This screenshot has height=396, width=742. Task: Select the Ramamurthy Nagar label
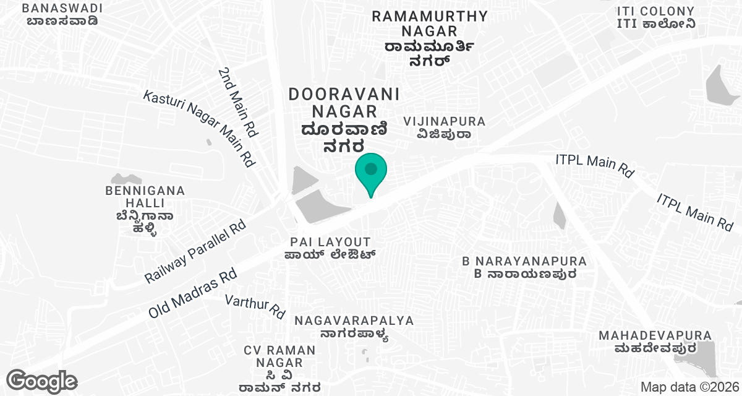[x=430, y=38]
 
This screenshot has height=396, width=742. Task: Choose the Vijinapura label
[x=444, y=127]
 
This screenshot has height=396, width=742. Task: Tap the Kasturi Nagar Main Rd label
[x=199, y=127]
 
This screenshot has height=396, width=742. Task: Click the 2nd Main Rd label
[x=237, y=103]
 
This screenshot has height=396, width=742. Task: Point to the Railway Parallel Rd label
[x=195, y=251]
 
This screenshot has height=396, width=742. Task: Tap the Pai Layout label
[x=331, y=248]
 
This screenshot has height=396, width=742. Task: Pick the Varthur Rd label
[x=255, y=306]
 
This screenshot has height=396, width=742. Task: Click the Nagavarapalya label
[x=354, y=327]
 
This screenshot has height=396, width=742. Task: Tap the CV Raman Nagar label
[x=279, y=369]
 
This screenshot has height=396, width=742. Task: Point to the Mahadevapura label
[x=655, y=342]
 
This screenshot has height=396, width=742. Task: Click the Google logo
[x=41, y=381]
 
